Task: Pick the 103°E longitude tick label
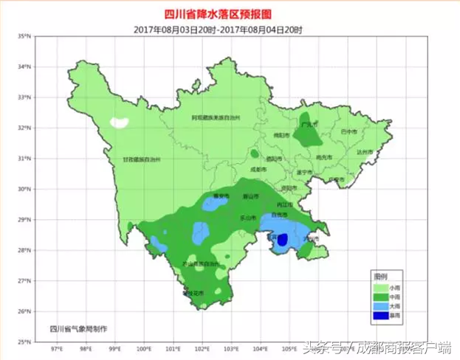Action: pos(231,348)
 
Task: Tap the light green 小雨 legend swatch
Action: pos(380,288)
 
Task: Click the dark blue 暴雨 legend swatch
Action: pos(380,315)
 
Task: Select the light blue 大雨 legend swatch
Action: pos(380,306)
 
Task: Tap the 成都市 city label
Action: pos(257,169)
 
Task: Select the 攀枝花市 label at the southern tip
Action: pos(193,293)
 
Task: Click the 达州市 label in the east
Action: pos(363,152)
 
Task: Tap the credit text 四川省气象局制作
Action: pos(78,328)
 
